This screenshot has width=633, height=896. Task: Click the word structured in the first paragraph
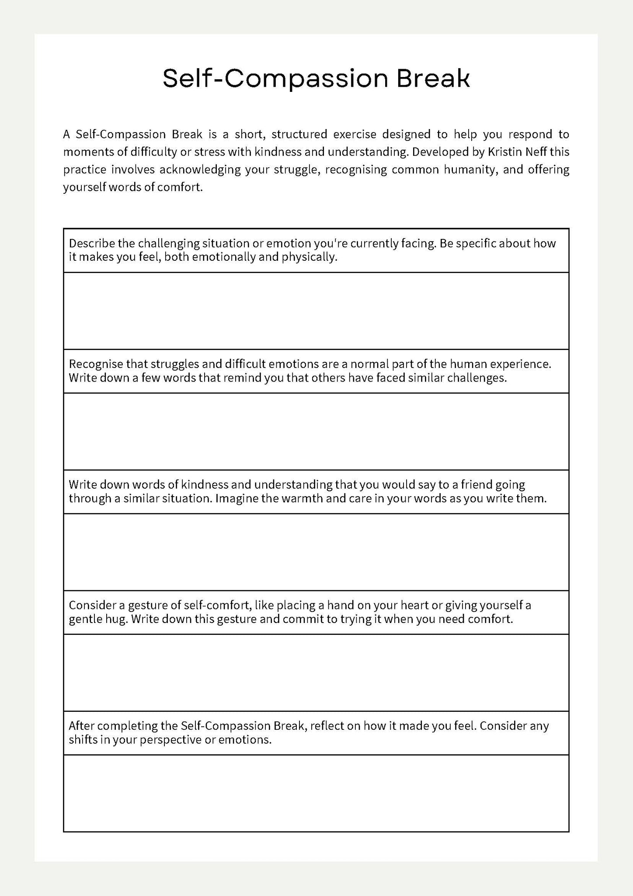point(299,134)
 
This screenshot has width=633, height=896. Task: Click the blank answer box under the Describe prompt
point(316,311)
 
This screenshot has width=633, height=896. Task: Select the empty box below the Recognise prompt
point(316,431)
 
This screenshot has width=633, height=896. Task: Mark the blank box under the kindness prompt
point(316,552)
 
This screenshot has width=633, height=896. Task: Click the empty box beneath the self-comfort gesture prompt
point(316,673)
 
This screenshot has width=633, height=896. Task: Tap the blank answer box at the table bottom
point(316,793)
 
